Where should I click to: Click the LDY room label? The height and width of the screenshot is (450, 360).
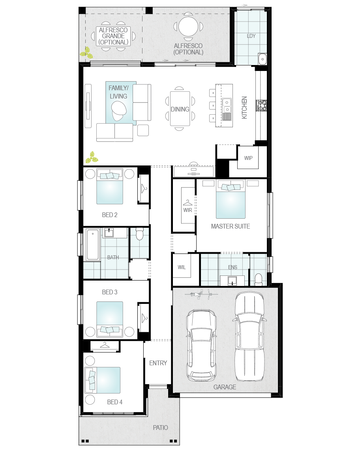251,36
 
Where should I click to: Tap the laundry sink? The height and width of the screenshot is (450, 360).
262,59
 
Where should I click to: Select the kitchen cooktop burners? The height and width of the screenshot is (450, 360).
261,105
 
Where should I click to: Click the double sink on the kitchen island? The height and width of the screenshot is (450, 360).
227,106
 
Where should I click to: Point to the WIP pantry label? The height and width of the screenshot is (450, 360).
248,158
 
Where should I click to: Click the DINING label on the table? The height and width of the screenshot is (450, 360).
180,109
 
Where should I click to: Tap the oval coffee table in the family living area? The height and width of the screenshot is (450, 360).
119,111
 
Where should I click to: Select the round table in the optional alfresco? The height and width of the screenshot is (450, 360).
188,27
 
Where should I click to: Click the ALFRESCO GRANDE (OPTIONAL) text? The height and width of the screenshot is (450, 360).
113,36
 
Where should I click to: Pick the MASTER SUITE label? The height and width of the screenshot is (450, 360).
230,227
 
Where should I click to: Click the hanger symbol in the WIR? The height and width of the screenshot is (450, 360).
187,203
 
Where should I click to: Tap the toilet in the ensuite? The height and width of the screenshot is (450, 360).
259,280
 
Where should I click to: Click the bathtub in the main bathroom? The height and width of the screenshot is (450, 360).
93,245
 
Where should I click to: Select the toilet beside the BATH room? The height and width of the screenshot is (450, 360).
139,234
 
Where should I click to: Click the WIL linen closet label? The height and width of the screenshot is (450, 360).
182,268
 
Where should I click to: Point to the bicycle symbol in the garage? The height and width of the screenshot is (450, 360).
201,294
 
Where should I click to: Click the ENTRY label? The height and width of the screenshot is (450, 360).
158,363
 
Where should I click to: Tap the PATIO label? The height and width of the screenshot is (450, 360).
160,428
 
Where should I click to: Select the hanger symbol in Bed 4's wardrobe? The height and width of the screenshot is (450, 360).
105,345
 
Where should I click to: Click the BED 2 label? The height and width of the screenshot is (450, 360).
110,215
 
